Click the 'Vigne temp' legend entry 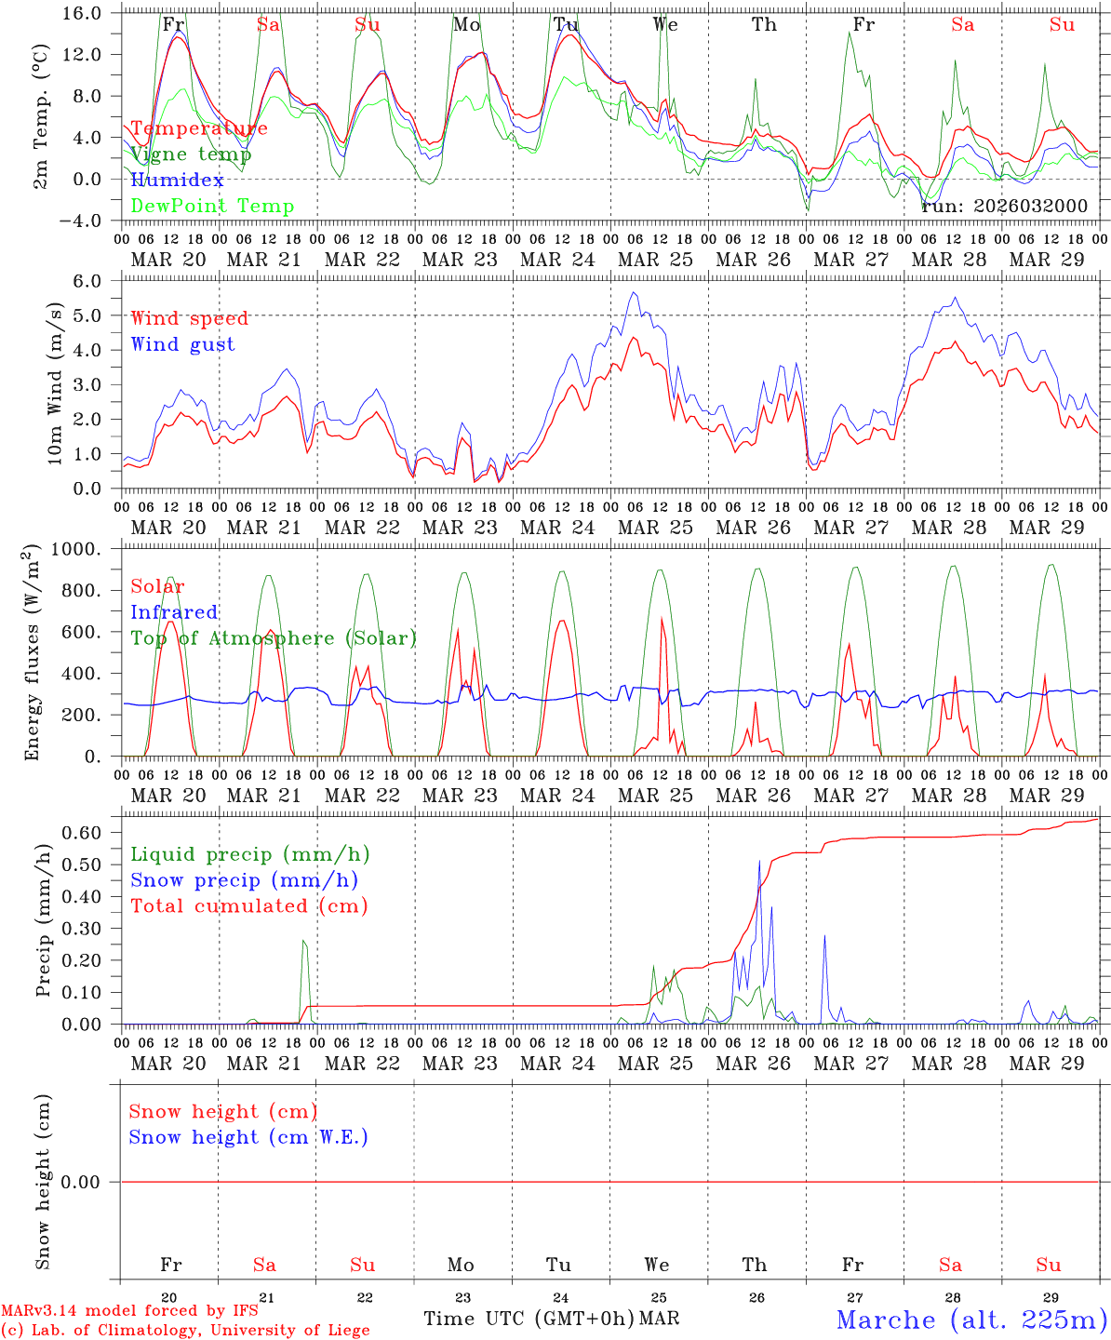coord(191,154)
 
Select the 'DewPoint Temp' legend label coord(212,207)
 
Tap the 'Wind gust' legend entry coord(182,344)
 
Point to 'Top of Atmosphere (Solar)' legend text coord(274,638)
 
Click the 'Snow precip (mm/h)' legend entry coord(244,880)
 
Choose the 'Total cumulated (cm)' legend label coord(248,906)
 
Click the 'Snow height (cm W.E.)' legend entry coord(248,1137)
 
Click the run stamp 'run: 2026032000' coord(1004,207)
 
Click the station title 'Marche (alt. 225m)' coord(970,1320)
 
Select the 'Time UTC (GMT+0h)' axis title coord(529,1319)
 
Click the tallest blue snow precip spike coord(759,862)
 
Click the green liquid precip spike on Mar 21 coord(303,942)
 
